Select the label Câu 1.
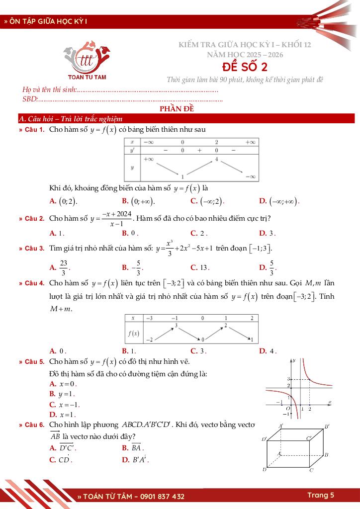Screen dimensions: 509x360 point(35,130)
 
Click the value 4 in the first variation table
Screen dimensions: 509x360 point(217,159)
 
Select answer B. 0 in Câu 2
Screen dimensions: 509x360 point(130,233)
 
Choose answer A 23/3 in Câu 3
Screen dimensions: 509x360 point(60,267)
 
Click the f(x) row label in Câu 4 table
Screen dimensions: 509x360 point(133,333)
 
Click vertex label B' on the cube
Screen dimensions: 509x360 point(327,426)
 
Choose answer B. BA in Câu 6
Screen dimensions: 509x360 point(132,448)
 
